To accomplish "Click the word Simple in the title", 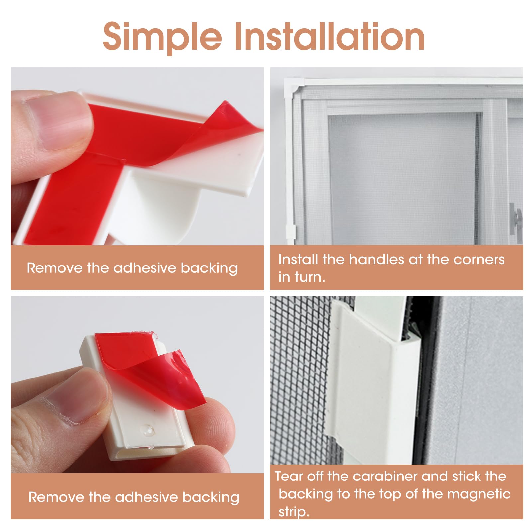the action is pyautogui.click(x=162, y=37).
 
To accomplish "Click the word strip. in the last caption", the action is pyautogui.click(x=294, y=512).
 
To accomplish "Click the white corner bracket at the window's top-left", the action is pyautogui.click(x=292, y=86).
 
